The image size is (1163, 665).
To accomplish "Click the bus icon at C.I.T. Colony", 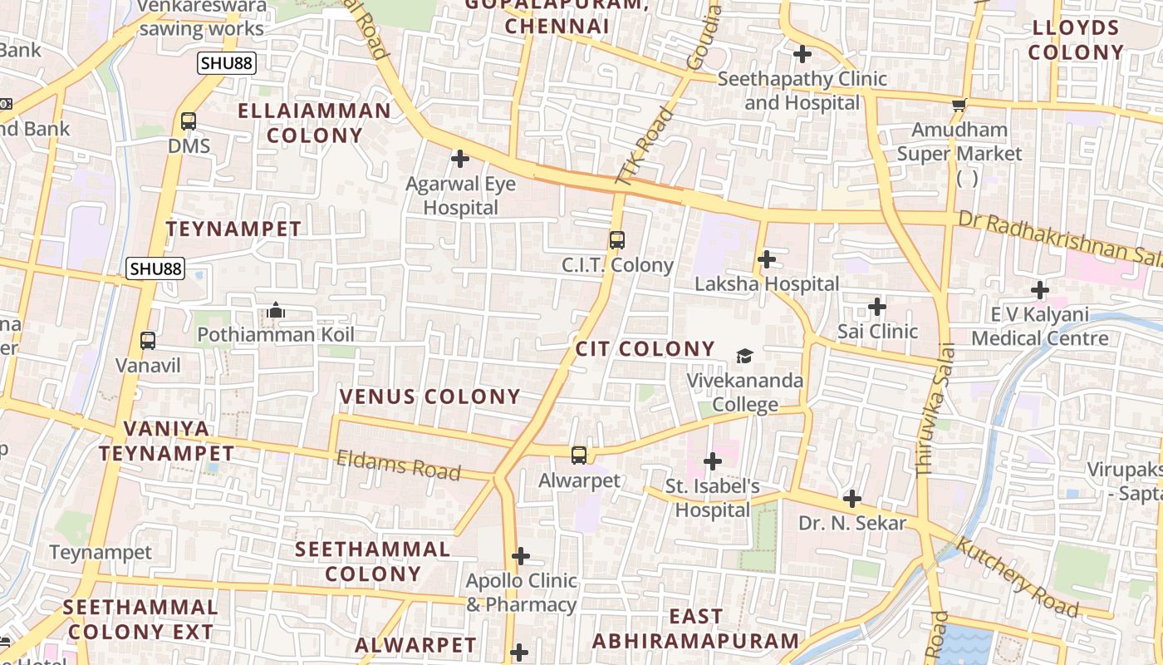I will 616,240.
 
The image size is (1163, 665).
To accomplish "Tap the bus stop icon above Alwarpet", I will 579,456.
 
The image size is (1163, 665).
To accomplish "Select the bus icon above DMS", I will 189,121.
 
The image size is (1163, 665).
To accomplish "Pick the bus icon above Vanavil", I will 148,340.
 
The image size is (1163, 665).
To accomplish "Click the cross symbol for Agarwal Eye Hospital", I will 459,159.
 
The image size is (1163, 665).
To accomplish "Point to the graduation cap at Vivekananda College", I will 744,356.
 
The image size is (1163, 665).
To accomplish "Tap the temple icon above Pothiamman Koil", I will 276,311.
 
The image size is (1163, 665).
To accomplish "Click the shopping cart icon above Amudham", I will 959,105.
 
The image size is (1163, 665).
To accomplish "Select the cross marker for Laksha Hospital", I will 767,259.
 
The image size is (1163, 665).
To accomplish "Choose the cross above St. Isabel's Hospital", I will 712,461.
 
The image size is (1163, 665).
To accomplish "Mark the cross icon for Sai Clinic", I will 877,307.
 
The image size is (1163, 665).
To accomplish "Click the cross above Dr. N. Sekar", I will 852,499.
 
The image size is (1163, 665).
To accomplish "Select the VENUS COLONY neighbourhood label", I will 429,397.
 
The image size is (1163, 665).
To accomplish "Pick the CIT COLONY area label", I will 645,348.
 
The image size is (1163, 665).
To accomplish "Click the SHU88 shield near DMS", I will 226,62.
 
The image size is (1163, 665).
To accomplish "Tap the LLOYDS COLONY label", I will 1076,40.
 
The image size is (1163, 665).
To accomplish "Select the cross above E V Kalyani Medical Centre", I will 1039,290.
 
